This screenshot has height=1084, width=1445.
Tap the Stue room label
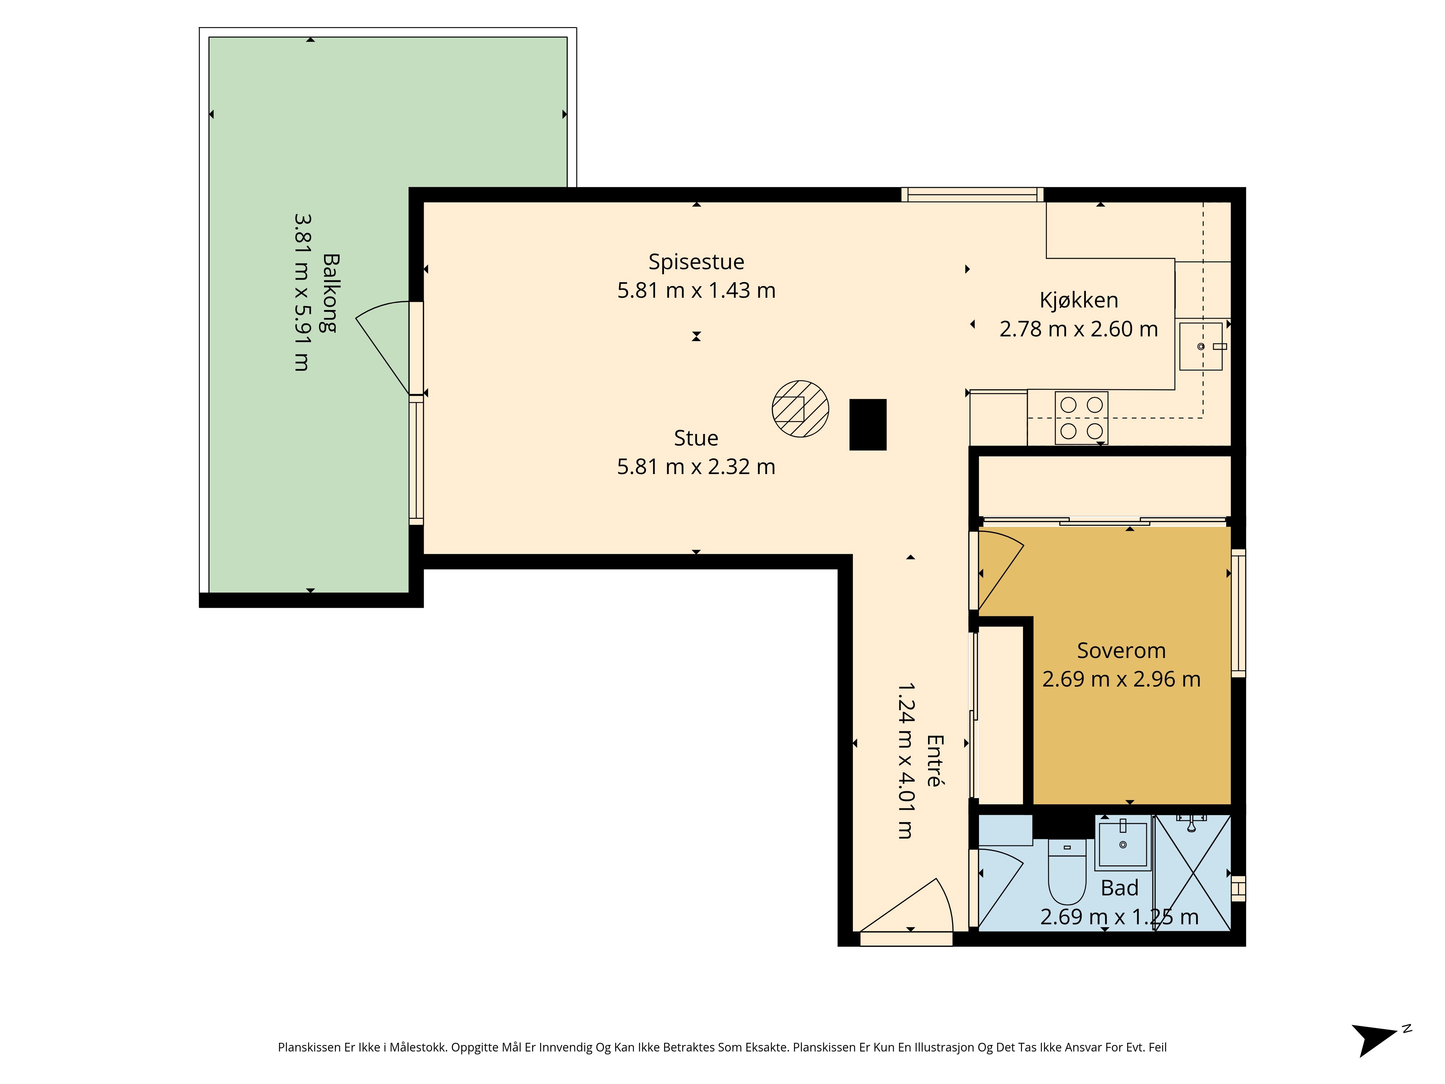click(696, 438)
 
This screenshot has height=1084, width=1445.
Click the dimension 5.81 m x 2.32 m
click(696, 466)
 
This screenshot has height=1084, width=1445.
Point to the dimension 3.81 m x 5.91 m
click(302, 293)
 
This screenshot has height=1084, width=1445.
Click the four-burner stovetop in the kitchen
click(1082, 418)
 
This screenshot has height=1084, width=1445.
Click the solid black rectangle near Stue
click(868, 425)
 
